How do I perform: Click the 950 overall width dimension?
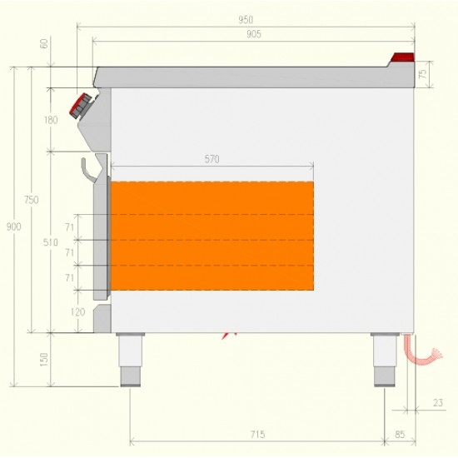click(x=246, y=20)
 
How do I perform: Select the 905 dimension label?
click(x=253, y=34)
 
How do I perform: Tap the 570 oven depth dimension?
click(x=212, y=159)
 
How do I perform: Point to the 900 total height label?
click(x=13, y=227)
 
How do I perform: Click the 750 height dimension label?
click(x=32, y=200)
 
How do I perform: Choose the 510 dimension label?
click(x=50, y=242)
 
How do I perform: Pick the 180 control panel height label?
click(x=51, y=120)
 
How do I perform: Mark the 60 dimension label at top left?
click(x=44, y=44)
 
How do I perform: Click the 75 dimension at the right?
click(x=423, y=74)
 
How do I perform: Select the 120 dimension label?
click(x=77, y=312)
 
